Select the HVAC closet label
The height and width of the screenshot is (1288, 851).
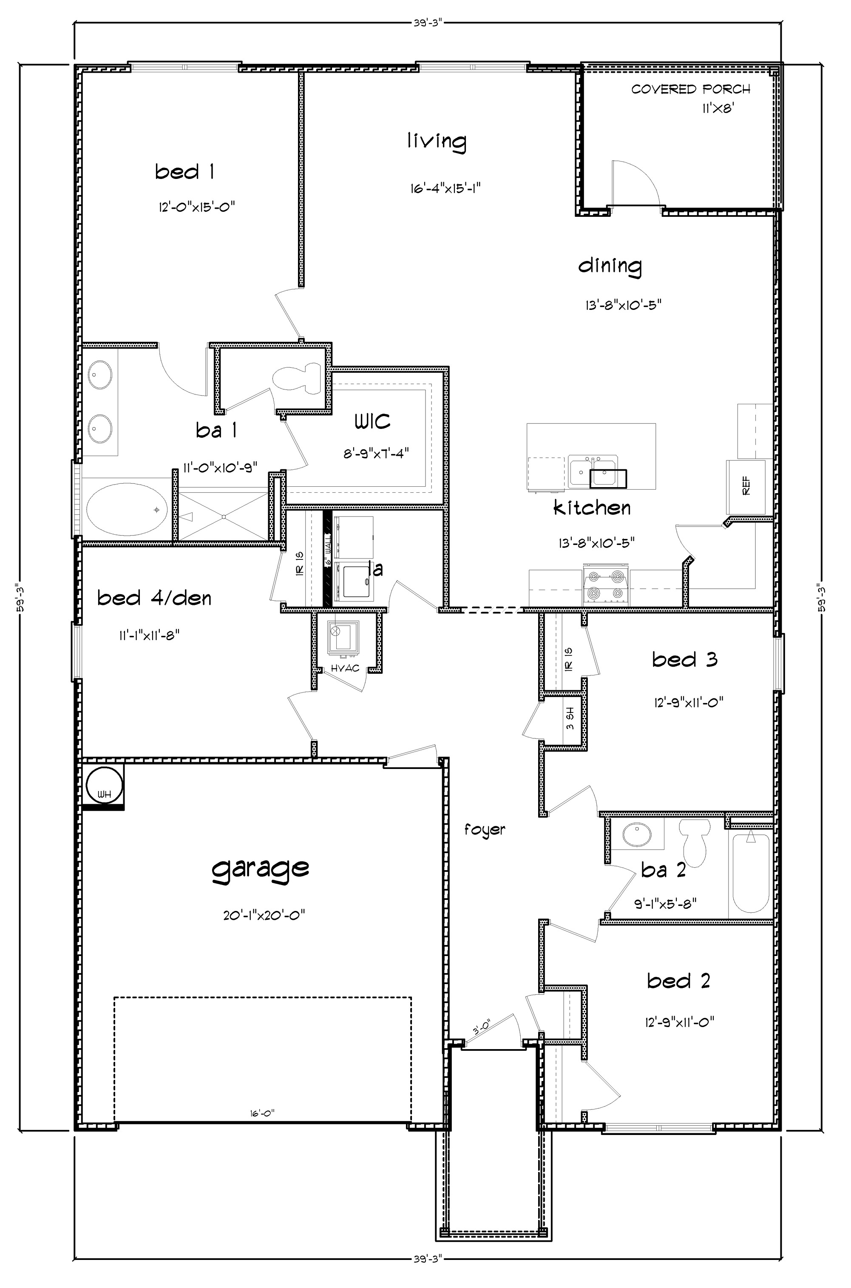tap(345, 668)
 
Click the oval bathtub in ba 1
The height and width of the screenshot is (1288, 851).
tap(127, 510)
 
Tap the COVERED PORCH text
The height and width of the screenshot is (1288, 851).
tap(690, 90)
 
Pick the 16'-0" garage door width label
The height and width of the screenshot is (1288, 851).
tap(262, 1113)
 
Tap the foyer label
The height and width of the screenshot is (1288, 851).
tap(485, 829)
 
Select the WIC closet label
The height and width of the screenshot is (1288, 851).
tap(372, 421)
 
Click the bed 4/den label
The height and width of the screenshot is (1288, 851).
tap(154, 598)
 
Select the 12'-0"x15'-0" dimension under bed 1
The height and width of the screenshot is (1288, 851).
tap(196, 207)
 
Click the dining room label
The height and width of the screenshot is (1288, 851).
tap(610, 267)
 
